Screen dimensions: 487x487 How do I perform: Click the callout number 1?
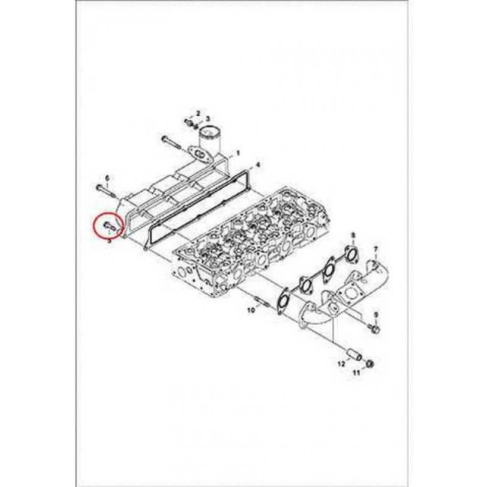(x=238, y=153)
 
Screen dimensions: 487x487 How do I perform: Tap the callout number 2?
(x=198, y=112)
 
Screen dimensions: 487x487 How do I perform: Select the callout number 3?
(x=208, y=118)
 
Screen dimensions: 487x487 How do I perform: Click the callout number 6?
(x=107, y=178)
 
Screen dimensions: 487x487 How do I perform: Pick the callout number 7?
(x=375, y=249)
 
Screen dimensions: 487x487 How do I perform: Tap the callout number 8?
(x=353, y=236)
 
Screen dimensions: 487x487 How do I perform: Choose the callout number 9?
(x=376, y=315)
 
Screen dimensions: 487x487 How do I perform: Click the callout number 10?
(x=251, y=309)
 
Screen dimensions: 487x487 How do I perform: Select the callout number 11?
(x=356, y=372)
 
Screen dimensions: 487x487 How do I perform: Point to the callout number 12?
(x=342, y=363)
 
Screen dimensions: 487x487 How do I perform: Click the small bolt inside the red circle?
(x=110, y=226)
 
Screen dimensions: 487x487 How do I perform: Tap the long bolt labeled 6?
(x=106, y=192)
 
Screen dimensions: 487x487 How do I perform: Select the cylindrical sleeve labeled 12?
(x=354, y=355)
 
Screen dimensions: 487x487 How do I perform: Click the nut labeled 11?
(x=369, y=363)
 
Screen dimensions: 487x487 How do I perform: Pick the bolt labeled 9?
(x=375, y=328)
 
